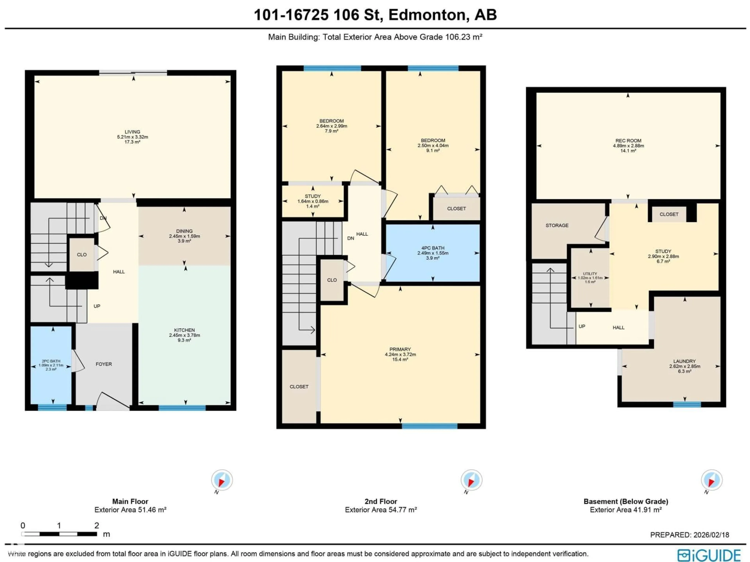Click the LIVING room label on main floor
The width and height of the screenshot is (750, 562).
132,132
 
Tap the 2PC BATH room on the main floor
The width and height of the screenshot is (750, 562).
51,365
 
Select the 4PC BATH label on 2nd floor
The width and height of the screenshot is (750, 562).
433,248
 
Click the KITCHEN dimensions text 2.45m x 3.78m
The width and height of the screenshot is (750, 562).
184,335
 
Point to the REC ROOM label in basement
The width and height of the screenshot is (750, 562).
628,140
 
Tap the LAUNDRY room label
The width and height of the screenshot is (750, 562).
684,361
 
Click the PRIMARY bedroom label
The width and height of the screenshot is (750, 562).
400,349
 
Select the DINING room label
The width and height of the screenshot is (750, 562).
184,231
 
